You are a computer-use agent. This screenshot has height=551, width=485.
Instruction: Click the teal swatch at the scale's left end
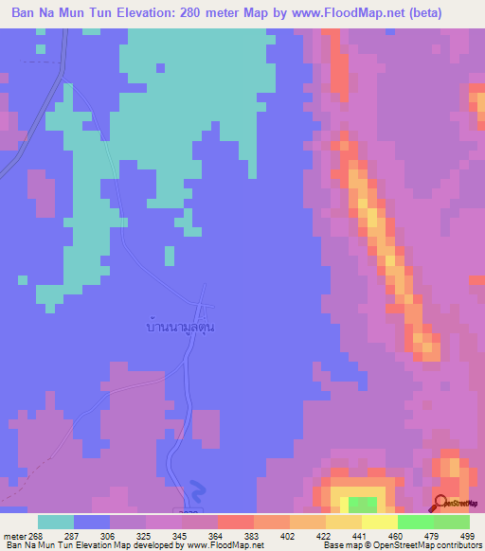coord(56,522)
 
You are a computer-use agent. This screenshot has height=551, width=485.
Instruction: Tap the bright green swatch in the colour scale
coord(416,522)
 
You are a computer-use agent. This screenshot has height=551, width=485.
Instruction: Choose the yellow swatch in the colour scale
coord(380,522)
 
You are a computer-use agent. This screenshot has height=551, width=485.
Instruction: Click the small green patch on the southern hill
coord(361,504)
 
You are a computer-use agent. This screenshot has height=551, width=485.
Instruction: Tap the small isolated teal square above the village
coord(169,256)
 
